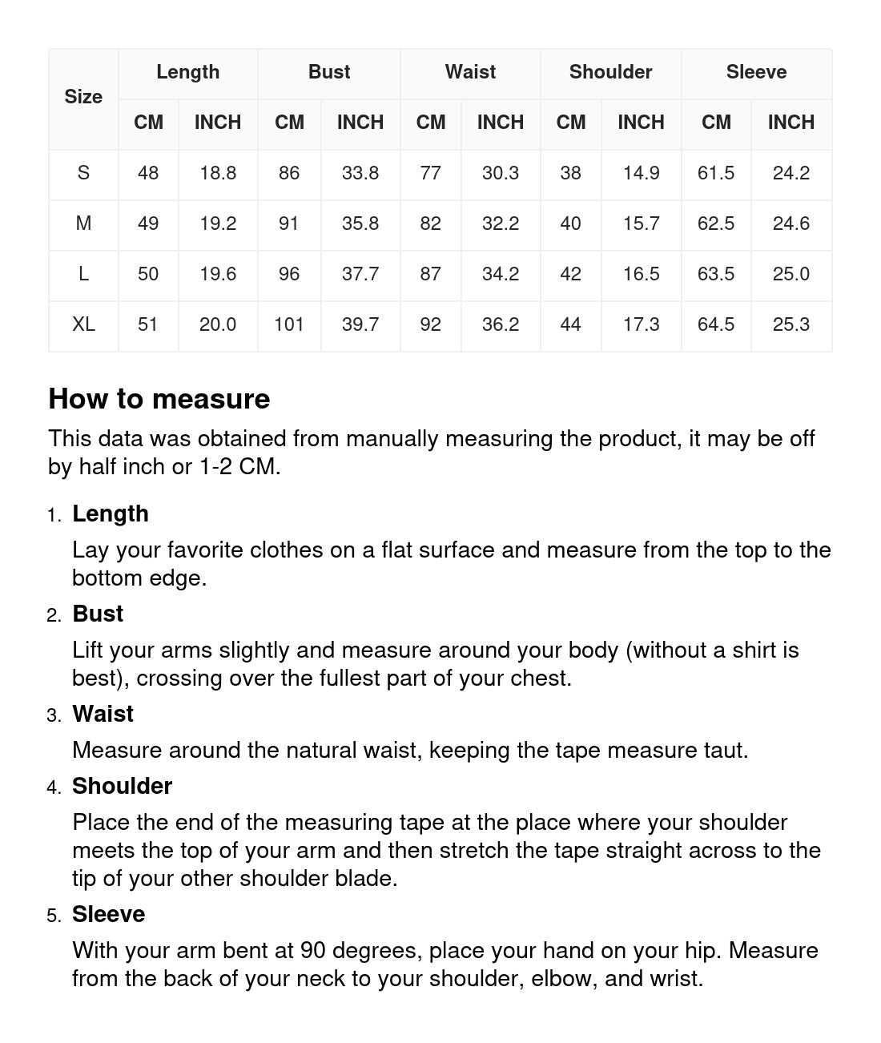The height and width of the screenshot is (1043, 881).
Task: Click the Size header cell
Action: coord(83,97)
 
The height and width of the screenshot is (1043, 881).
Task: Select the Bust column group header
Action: coord(329,72)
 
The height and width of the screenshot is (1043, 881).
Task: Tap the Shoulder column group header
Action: coord(610,72)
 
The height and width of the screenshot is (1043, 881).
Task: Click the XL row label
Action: coord(83,324)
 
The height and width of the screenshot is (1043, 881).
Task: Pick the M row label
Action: coord(83,223)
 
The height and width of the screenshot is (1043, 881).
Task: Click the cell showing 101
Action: coord(289,324)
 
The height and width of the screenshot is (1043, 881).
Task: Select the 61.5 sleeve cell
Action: coord(716,173)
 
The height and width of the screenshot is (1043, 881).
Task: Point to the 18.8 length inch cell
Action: coord(218,173)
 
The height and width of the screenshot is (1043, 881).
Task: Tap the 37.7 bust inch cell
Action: coord(360,274)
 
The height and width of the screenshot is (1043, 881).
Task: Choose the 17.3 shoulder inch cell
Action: coord(641,324)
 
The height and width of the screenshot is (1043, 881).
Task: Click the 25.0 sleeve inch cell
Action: coord(790,274)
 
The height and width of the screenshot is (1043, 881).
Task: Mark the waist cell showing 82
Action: coord(430,223)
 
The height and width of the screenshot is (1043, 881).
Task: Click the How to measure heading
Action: coord(159,399)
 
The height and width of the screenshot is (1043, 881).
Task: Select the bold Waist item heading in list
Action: coord(103,714)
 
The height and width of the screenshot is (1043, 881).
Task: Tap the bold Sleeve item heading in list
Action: coord(108,914)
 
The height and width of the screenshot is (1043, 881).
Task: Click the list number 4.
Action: coord(54,787)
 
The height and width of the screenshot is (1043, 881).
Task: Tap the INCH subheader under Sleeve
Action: coord(790,123)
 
